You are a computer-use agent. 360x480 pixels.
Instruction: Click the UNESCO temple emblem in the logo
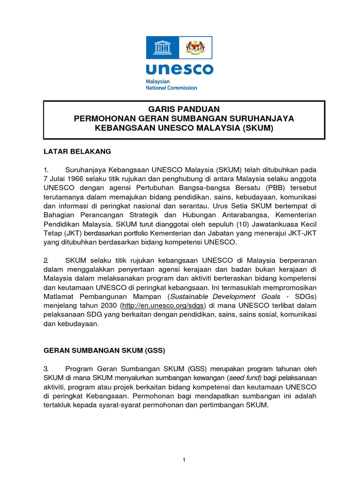tap(163, 47)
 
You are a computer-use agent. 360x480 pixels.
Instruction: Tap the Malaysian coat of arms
tap(196, 47)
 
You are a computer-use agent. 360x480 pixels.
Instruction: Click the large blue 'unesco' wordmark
tap(179, 69)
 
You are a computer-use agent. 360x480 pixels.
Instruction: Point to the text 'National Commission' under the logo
tap(172, 88)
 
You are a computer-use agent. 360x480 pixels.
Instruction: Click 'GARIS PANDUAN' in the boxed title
tap(184, 109)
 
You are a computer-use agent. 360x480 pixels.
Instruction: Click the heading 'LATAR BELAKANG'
tap(77, 151)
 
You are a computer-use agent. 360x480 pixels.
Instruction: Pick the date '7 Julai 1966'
tap(64, 180)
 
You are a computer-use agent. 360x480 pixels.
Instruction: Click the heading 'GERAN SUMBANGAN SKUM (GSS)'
tap(104, 350)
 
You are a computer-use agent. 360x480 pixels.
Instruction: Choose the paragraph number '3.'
tap(46, 368)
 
